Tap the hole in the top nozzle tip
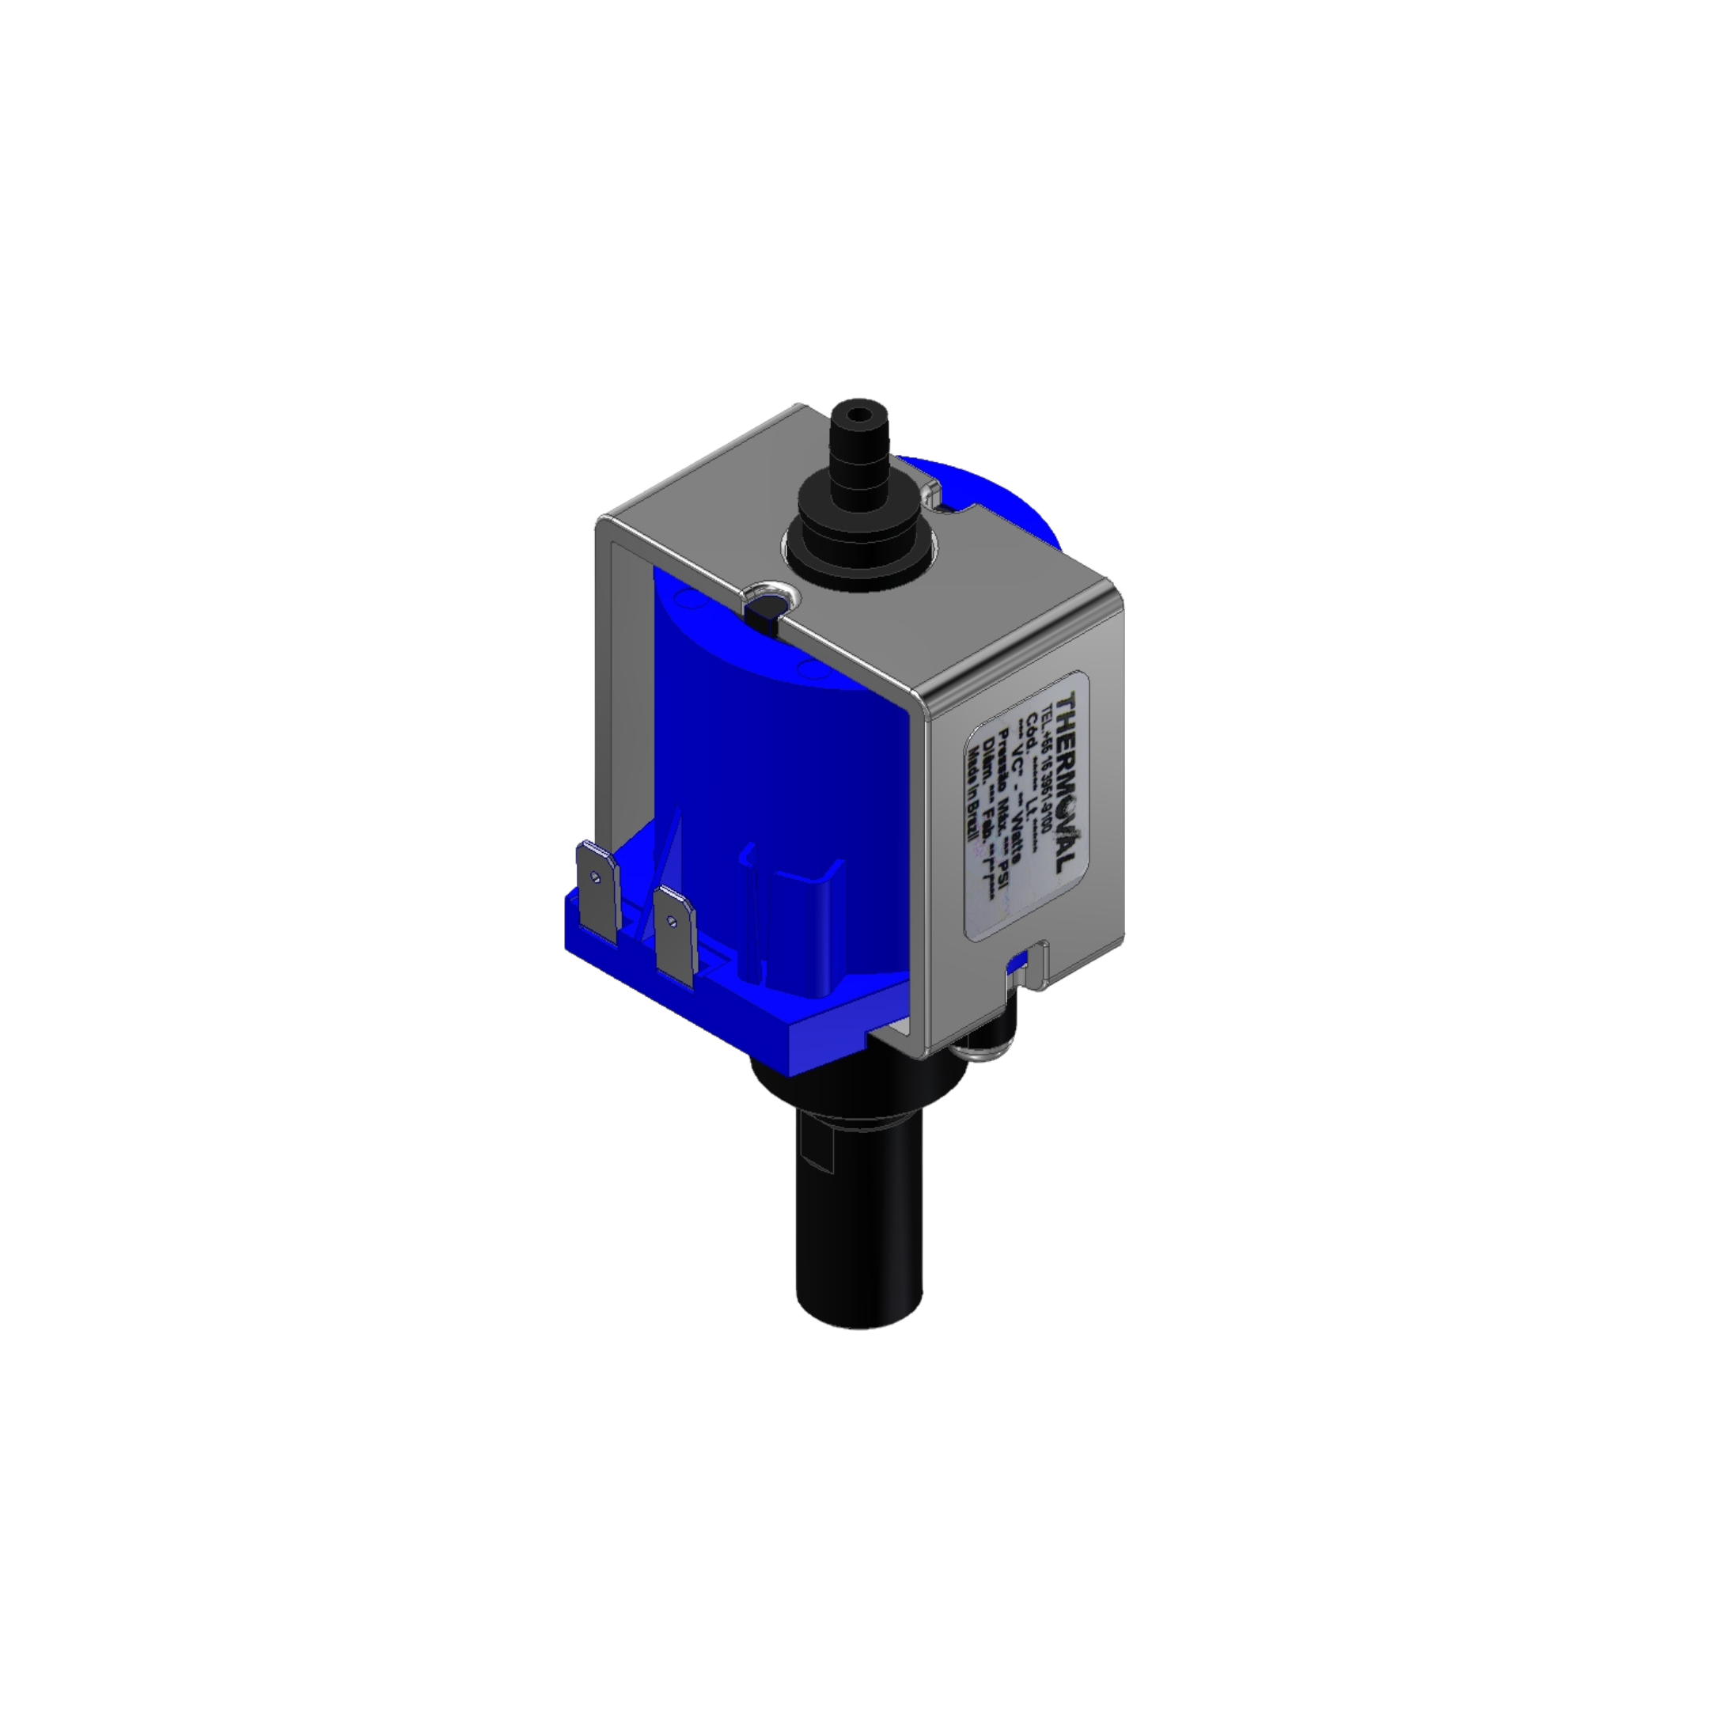tap(854, 413)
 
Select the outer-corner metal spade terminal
tap(598, 892)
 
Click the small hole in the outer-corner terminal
tap(595, 877)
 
